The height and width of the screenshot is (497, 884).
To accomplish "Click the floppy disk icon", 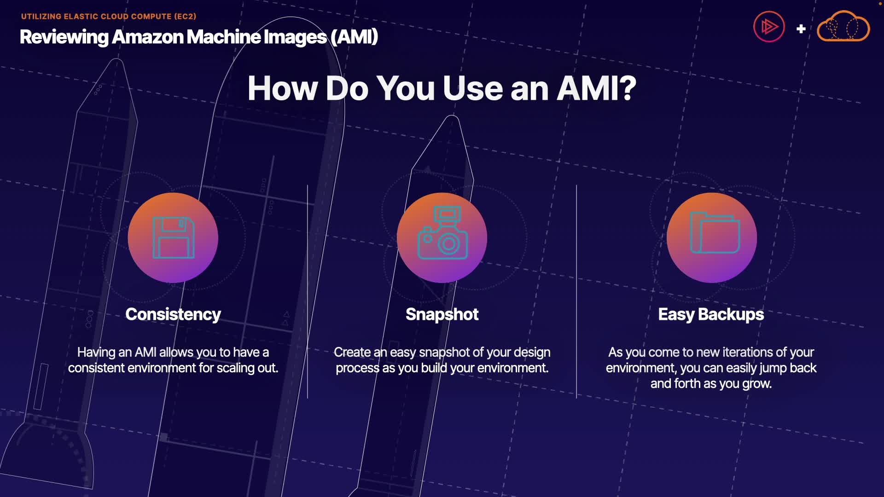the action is [x=173, y=237].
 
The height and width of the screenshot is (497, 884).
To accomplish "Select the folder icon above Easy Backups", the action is [x=715, y=233].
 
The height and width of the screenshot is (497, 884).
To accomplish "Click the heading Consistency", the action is [x=173, y=314].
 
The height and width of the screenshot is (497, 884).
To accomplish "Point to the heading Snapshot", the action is [x=442, y=314].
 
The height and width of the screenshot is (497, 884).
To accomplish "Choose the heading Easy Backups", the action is [x=711, y=314].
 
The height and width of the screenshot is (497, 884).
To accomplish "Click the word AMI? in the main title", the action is [x=596, y=88].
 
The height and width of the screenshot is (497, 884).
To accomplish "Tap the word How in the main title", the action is [x=282, y=88].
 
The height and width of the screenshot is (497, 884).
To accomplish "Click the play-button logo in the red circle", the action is [x=769, y=27].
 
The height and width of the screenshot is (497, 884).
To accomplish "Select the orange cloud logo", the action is [x=843, y=27].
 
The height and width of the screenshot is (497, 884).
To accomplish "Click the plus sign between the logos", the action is [x=801, y=29].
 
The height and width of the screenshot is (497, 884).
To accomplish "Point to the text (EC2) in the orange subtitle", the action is [x=185, y=17].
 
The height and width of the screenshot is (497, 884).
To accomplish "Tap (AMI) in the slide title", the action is [x=354, y=37].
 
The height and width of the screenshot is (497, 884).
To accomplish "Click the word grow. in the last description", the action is [x=756, y=384].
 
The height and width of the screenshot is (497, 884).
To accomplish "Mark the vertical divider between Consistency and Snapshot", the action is [x=308, y=292].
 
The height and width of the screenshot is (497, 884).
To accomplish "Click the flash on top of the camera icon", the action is [x=447, y=214].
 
